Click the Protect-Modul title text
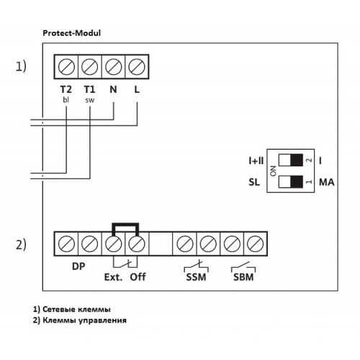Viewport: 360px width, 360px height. click(x=71, y=33)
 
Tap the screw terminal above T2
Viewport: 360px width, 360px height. click(x=66, y=66)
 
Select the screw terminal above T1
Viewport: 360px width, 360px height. click(x=90, y=66)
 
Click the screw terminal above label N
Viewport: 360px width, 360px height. click(x=113, y=66)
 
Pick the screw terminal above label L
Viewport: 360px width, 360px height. click(x=137, y=66)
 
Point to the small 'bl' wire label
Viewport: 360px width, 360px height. click(x=66, y=99)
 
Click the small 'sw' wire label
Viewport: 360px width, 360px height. click(x=90, y=100)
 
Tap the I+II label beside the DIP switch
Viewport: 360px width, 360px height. click(x=256, y=161)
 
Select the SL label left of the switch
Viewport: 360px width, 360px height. click(x=254, y=182)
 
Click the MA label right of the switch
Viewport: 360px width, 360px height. click(x=326, y=182)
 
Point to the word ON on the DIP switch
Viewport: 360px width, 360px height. click(x=273, y=171)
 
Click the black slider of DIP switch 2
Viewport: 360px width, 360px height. click(x=297, y=160)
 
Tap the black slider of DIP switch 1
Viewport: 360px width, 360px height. click(x=297, y=181)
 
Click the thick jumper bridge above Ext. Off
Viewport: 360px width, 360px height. click(x=125, y=225)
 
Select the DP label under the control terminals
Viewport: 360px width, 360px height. click(x=78, y=266)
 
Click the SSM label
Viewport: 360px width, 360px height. click(x=196, y=277)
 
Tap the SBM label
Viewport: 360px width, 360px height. click(x=243, y=277)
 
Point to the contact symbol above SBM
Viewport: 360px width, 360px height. click(x=243, y=266)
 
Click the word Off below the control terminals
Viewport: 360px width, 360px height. click(x=138, y=277)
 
